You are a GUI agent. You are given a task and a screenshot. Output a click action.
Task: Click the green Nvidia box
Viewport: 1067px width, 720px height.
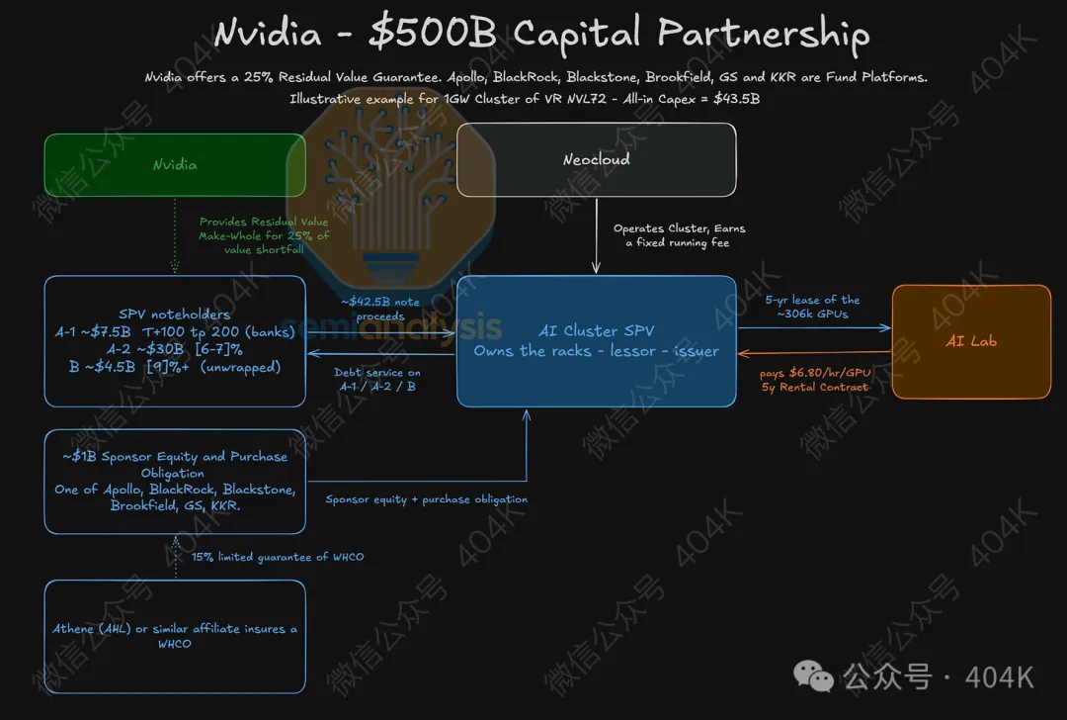[175, 165]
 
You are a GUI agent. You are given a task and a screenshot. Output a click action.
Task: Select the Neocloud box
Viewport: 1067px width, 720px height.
[596, 160]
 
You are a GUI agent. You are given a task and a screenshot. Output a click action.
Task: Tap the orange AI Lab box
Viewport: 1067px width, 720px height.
[971, 342]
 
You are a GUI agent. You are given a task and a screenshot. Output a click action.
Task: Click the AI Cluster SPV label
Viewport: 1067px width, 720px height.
[596, 331]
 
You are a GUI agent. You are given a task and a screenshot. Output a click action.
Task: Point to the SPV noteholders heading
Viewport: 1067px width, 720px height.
[175, 315]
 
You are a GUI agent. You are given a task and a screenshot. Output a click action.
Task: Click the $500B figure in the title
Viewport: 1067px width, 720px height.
[433, 34]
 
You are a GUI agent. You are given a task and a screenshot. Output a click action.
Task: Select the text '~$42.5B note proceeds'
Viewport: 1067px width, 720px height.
[380, 309]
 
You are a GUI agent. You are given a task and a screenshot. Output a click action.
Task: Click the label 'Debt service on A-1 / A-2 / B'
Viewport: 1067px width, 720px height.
[377, 380]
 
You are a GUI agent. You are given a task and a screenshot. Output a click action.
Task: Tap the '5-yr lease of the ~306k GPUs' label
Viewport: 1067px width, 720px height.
[812, 307]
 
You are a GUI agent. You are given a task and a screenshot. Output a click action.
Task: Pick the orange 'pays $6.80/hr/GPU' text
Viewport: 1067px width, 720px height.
[815, 373]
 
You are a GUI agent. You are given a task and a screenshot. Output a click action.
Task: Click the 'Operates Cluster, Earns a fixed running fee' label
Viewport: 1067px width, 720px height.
[679, 235]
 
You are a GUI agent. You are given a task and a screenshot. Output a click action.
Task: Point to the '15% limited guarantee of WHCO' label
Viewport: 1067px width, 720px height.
[278, 557]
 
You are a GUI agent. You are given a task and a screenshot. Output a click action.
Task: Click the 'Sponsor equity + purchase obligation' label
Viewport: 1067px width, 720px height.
[427, 499]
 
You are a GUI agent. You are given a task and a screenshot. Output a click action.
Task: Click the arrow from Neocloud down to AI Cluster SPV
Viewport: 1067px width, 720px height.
[596, 235]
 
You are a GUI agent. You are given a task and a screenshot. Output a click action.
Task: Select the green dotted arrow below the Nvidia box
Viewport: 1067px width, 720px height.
[175, 235]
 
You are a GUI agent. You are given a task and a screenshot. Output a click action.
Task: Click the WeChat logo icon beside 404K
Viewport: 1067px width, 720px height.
[813, 675]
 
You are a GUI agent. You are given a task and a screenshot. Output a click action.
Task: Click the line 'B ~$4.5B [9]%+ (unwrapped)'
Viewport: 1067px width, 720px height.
[175, 367]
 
